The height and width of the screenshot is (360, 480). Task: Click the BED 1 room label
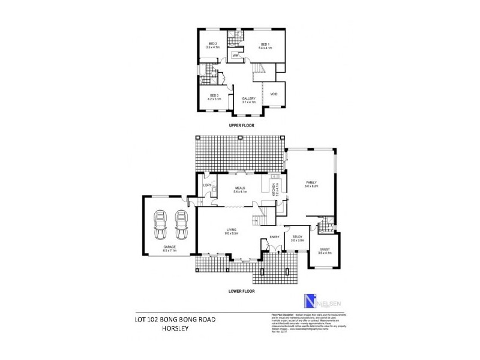pos(265,46)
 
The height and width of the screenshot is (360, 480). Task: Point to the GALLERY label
pos(248,100)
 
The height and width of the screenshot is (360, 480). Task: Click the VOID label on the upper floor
pos(274,94)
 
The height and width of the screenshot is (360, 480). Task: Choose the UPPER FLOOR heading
pos(242,127)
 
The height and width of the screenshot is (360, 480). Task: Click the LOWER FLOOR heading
pos(242,291)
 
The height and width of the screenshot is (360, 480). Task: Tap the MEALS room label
pos(241,189)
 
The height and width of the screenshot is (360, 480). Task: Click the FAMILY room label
pos(311,184)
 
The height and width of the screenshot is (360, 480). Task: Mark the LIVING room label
pos(232,230)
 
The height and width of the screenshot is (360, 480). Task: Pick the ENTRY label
pos(275,237)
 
